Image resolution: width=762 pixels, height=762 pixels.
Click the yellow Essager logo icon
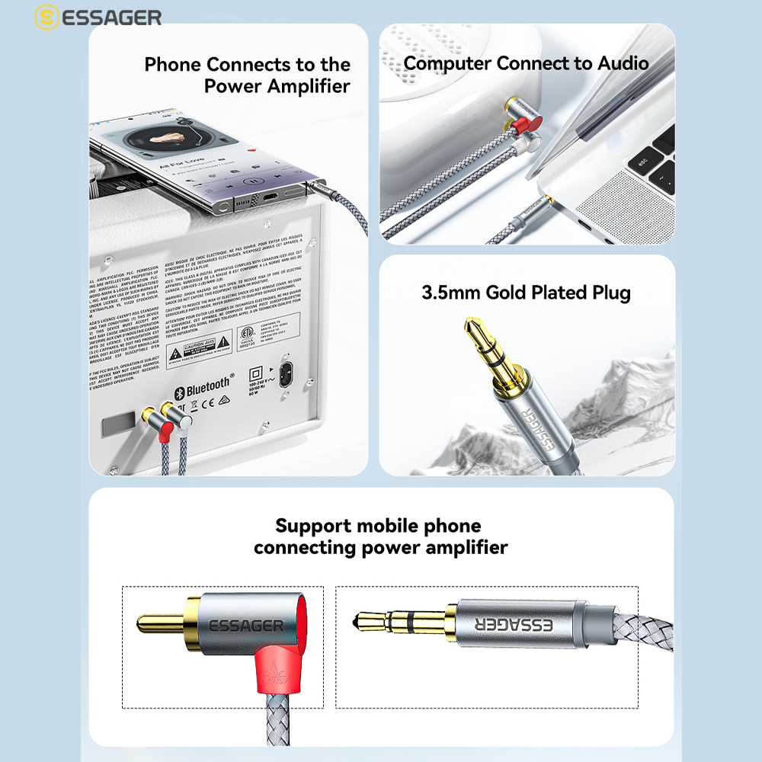48,18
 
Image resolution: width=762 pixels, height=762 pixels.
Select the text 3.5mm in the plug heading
451,293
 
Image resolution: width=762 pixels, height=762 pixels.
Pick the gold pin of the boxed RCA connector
160,624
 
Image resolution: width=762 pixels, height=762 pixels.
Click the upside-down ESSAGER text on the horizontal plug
516,625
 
